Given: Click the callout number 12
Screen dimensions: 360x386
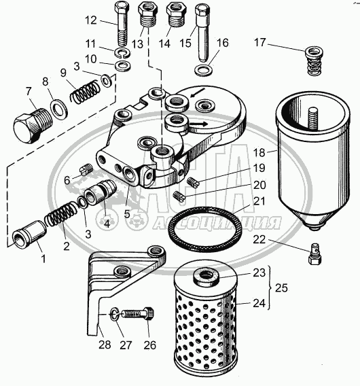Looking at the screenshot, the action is coord(91,20).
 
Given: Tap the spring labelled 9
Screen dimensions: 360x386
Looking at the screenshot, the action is coord(85,92).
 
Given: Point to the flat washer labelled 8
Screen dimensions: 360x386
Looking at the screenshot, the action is coord(58,108).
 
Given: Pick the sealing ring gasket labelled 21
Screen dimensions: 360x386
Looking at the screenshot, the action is coord(205,229).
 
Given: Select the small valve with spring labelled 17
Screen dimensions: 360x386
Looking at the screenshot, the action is coord(314,61).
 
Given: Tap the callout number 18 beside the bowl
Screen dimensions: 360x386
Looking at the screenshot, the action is coord(259,153).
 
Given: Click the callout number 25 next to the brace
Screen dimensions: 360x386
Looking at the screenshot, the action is coord(281,287).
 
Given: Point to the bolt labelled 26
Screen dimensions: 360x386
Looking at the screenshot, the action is coord(138,313).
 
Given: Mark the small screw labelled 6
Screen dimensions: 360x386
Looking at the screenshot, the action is coord(86,169).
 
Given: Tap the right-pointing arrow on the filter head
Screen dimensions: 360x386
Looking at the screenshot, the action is coord(198,124).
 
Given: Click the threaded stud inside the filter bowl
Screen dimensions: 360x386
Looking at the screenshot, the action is coord(312,119).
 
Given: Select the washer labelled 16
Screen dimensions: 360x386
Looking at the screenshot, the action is coord(203,70).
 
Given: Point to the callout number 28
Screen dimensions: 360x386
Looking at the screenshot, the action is coord(105,345).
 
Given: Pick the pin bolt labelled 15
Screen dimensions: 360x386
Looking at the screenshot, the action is coord(202,33).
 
